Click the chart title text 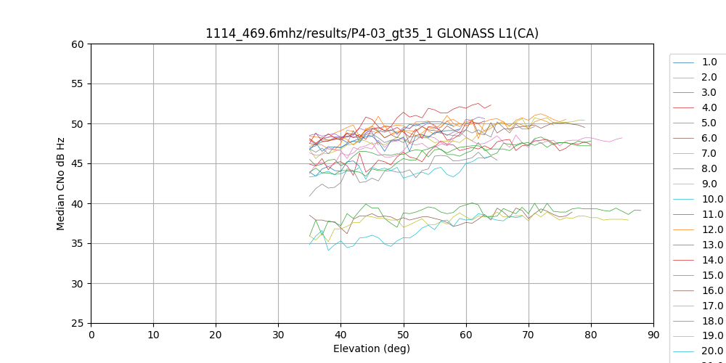click(372, 33)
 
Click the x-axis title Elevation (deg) click(372, 348)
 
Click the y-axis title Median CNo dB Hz click(61, 184)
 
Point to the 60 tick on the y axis click(78, 44)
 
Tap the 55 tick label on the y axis click(78, 84)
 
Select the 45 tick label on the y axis click(78, 164)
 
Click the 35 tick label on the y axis click(78, 244)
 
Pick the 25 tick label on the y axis click(78, 324)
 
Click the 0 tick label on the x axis click(91, 335)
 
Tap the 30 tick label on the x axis click(278, 335)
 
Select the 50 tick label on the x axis click(403, 335)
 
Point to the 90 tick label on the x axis click(653, 335)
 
